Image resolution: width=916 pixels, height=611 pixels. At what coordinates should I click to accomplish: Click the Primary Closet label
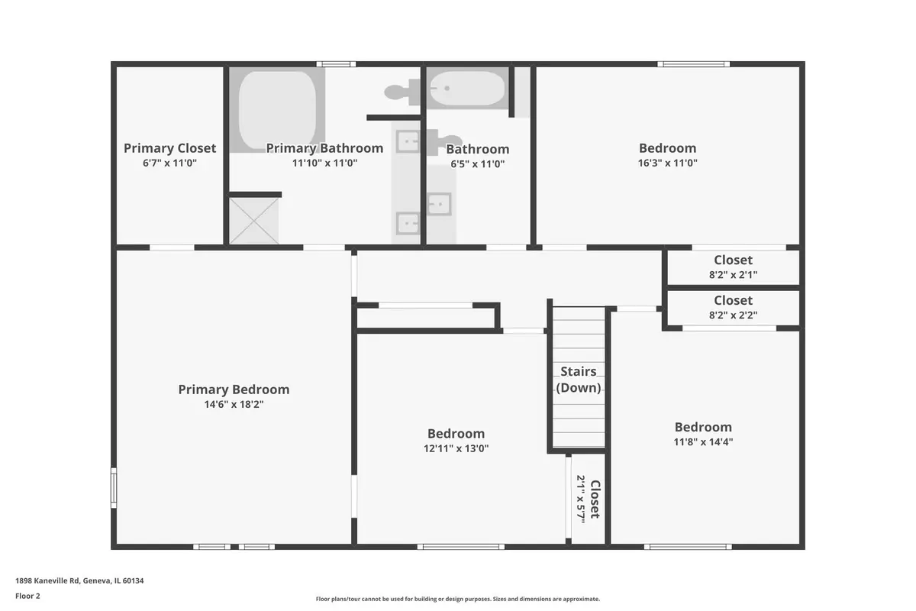[169, 148]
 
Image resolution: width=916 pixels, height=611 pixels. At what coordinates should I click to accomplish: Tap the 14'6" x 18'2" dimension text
[234, 404]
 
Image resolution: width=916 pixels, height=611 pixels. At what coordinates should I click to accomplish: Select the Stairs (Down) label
[579, 380]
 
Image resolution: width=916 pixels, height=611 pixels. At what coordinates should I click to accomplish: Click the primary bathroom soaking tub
[277, 110]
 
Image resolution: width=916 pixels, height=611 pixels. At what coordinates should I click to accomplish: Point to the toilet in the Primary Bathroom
[402, 92]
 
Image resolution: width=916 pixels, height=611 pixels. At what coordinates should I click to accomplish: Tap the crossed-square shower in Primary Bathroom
[254, 221]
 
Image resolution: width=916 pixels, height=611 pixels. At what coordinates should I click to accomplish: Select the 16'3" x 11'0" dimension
[668, 163]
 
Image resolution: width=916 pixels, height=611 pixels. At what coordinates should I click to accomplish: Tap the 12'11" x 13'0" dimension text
[456, 448]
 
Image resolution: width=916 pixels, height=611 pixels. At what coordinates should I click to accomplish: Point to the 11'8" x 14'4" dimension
[703, 442]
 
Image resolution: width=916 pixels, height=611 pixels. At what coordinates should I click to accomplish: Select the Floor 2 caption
[27, 596]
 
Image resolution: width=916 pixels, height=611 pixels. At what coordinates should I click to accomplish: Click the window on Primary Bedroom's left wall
[114, 488]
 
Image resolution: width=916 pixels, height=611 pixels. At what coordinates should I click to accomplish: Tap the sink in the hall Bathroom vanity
[439, 204]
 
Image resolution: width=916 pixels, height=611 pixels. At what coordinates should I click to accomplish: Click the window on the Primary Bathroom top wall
[336, 64]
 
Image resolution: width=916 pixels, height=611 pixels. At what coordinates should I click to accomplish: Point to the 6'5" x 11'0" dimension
[478, 164]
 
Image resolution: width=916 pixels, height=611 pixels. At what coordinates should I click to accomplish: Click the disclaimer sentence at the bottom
[457, 599]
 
